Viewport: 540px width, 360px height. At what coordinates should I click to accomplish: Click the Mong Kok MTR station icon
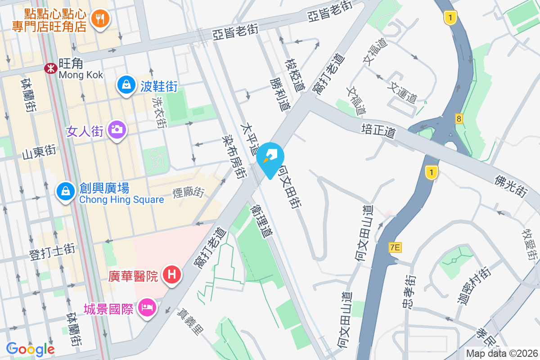coord(50,68)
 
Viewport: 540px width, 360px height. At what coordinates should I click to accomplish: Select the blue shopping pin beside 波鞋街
coord(127,85)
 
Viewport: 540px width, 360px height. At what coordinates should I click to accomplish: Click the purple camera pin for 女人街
coord(117,130)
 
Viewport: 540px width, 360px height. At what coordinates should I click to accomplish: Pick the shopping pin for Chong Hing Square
coord(66,191)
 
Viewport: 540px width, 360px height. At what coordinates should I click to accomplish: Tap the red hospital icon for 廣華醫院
coord(172,273)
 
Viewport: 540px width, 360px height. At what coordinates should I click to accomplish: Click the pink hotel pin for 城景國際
coord(147,308)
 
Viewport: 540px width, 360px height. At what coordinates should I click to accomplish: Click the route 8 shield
coord(459,119)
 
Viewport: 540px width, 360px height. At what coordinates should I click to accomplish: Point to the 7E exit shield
coord(395,247)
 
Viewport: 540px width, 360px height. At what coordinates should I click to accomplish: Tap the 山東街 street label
coord(39,151)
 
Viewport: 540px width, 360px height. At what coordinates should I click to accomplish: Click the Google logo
coord(30,349)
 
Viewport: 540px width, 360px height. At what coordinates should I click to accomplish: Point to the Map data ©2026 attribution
coord(502,353)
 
